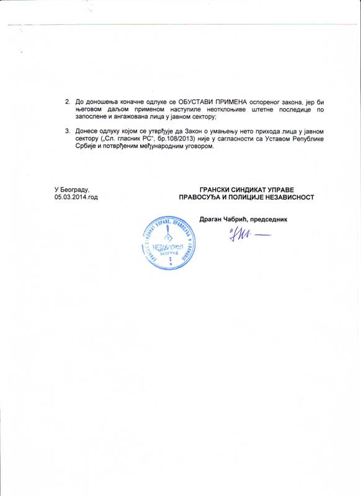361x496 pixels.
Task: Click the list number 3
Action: coord(68,131)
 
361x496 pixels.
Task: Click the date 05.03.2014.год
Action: coord(76,197)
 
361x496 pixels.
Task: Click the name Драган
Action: coord(212,218)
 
